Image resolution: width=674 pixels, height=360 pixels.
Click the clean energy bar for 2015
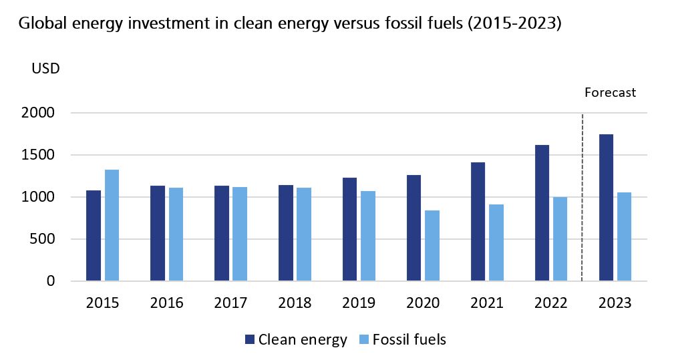[94, 236]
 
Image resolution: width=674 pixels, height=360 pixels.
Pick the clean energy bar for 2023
[607, 208]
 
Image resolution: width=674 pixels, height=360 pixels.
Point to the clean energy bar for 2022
[542, 213]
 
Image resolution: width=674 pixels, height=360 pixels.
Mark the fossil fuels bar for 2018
[304, 234]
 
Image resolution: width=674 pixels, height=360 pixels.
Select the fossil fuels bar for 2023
[625, 236]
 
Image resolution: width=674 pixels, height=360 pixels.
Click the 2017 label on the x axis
[230, 303]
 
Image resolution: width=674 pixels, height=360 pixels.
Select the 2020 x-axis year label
[423, 303]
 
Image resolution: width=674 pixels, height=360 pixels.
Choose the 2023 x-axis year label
[615, 303]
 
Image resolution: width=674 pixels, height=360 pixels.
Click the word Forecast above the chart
[610, 93]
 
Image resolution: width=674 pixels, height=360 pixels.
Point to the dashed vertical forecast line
[582, 200]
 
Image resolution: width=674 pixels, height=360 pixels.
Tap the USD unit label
[45, 69]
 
